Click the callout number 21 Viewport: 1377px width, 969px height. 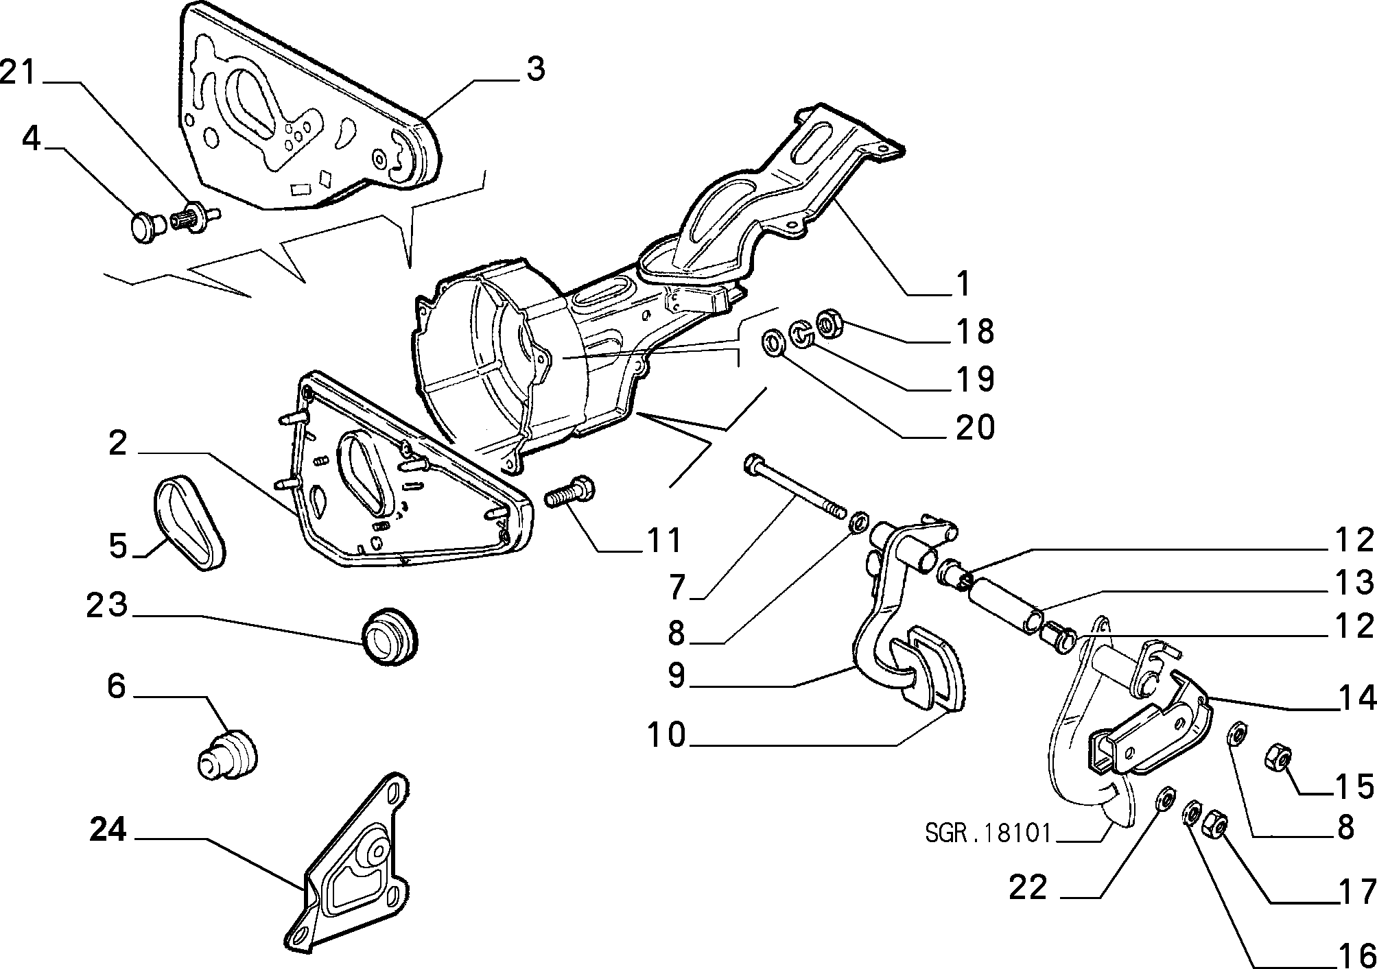tap(18, 72)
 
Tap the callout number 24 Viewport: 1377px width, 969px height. tap(108, 830)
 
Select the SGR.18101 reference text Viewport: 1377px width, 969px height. tap(988, 833)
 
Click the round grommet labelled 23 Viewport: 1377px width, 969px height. tap(390, 635)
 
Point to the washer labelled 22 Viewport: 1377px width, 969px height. tap(1164, 799)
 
